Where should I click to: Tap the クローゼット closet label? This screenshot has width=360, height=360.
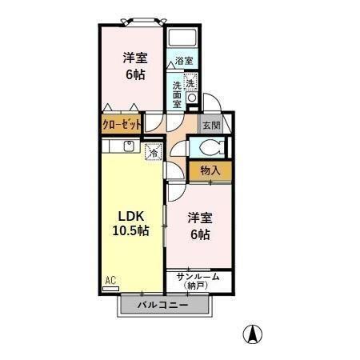[x=121, y=125]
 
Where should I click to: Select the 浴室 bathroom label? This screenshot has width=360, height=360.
[x=184, y=61]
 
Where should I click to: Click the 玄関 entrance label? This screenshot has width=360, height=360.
[x=210, y=126]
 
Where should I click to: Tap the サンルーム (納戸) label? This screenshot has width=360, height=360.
[x=198, y=279]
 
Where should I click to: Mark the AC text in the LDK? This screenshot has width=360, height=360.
[x=110, y=279]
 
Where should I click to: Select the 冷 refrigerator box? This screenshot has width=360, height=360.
[x=152, y=150]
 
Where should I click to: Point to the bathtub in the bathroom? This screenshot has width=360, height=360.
[x=184, y=38]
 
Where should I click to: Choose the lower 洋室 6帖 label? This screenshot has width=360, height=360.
[x=198, y=226]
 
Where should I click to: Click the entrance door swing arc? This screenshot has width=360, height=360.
[x=210, y=102]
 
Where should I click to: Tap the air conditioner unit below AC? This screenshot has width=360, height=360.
[x=111, y=290]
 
